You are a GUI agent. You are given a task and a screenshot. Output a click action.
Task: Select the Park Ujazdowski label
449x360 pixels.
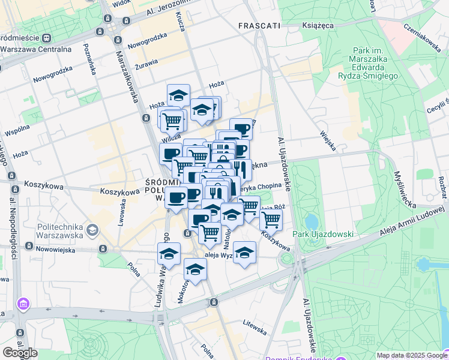tap(323, 234)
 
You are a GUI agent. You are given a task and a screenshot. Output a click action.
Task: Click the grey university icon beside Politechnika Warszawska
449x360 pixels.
tap(92, 229)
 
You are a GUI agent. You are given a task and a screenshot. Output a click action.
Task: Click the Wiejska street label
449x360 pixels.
tap(328, 141)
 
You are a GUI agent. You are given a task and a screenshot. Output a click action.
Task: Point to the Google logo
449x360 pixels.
tap(20, 352)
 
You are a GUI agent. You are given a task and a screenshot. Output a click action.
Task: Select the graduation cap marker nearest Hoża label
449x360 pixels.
tap(178, 95)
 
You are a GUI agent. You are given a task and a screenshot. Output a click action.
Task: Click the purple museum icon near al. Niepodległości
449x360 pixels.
tap(23, 305)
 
